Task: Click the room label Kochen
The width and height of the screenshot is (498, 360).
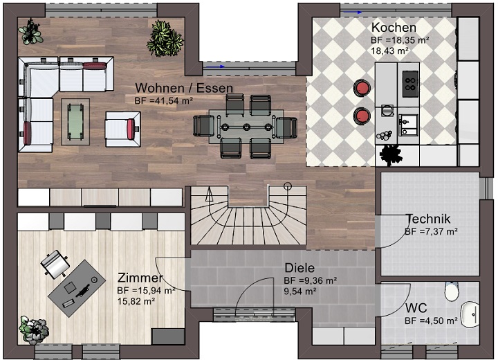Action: (x=394, y=28)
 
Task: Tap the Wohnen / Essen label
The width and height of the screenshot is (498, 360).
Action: (x=184, y=88)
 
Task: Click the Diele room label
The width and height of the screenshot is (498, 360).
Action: (x=299, y=268)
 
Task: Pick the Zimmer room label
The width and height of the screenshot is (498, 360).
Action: (x=140, y=278)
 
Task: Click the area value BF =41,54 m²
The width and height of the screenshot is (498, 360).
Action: (x=163, y=101)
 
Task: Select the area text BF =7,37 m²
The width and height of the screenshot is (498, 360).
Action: (x=431, y=232)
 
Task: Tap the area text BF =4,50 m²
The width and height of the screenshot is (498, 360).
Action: (x=431, y=321)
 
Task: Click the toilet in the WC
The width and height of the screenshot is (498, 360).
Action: (x=452, y=291)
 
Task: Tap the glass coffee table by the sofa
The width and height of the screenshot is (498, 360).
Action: (x=75, y=121)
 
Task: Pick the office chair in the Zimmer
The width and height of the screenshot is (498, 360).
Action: (x=55, y=264)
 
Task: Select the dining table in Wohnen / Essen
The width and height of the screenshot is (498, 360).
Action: (x=246, y=127)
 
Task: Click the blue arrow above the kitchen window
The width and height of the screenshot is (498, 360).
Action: (x=353, y=12)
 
